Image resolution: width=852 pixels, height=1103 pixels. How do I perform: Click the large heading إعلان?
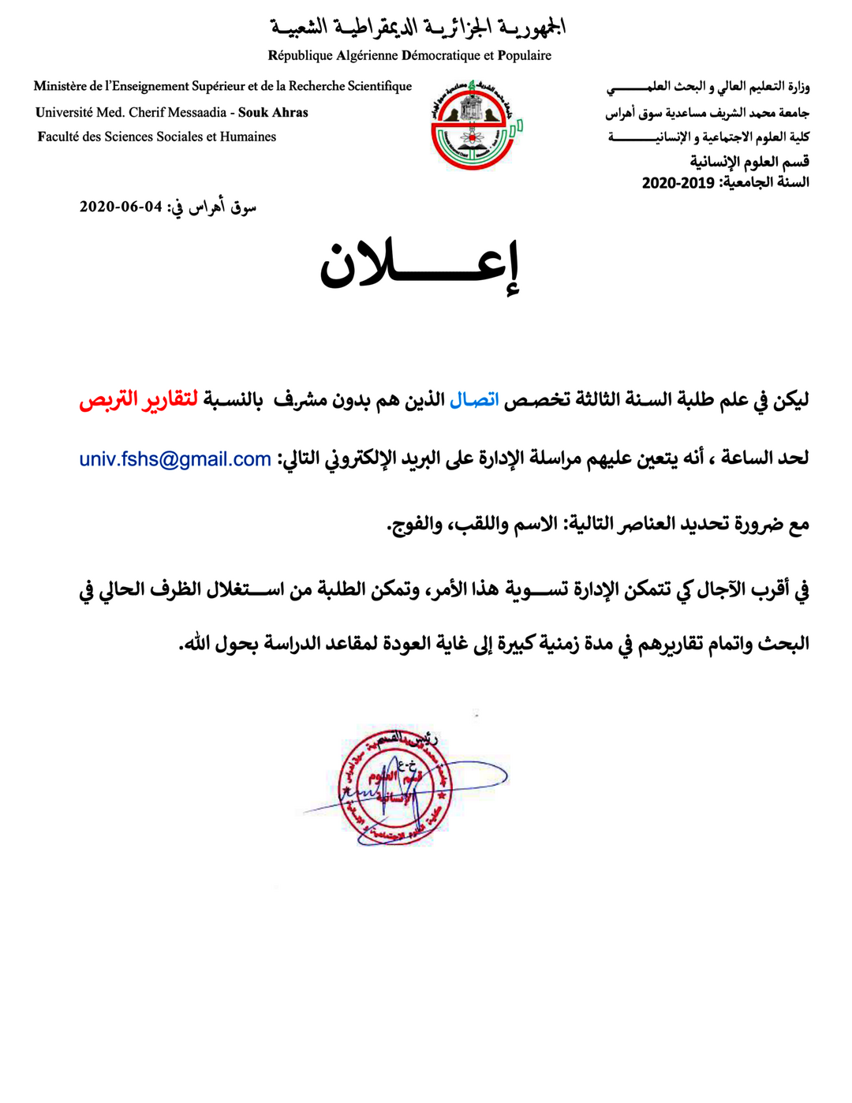click(420, 264)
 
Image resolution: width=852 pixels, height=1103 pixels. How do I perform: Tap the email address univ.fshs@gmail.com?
click(175, 459)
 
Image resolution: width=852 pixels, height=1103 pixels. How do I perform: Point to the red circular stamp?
click(392, 786)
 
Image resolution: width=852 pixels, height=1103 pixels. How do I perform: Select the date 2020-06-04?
click(121, 207)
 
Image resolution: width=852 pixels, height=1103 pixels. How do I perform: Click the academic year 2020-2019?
click(678, 183)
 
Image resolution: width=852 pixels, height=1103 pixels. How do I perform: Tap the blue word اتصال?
click(474, 400)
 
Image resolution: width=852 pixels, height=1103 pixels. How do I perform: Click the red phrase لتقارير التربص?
click(138, 400)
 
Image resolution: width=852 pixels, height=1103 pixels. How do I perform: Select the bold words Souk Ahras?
click(273, 113)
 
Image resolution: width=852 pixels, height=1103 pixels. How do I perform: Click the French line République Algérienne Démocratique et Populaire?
click(409, 55)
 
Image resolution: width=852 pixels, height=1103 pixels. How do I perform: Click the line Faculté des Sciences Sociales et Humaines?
click(156, 136)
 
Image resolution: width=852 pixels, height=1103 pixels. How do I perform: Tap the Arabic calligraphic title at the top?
click(418, 28)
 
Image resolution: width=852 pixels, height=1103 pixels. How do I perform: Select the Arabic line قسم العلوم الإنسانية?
click(749, 162)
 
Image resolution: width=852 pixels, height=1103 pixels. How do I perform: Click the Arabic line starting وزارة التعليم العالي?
click(708, 87)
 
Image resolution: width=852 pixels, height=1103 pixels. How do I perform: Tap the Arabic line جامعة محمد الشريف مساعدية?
click(708, 113)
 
